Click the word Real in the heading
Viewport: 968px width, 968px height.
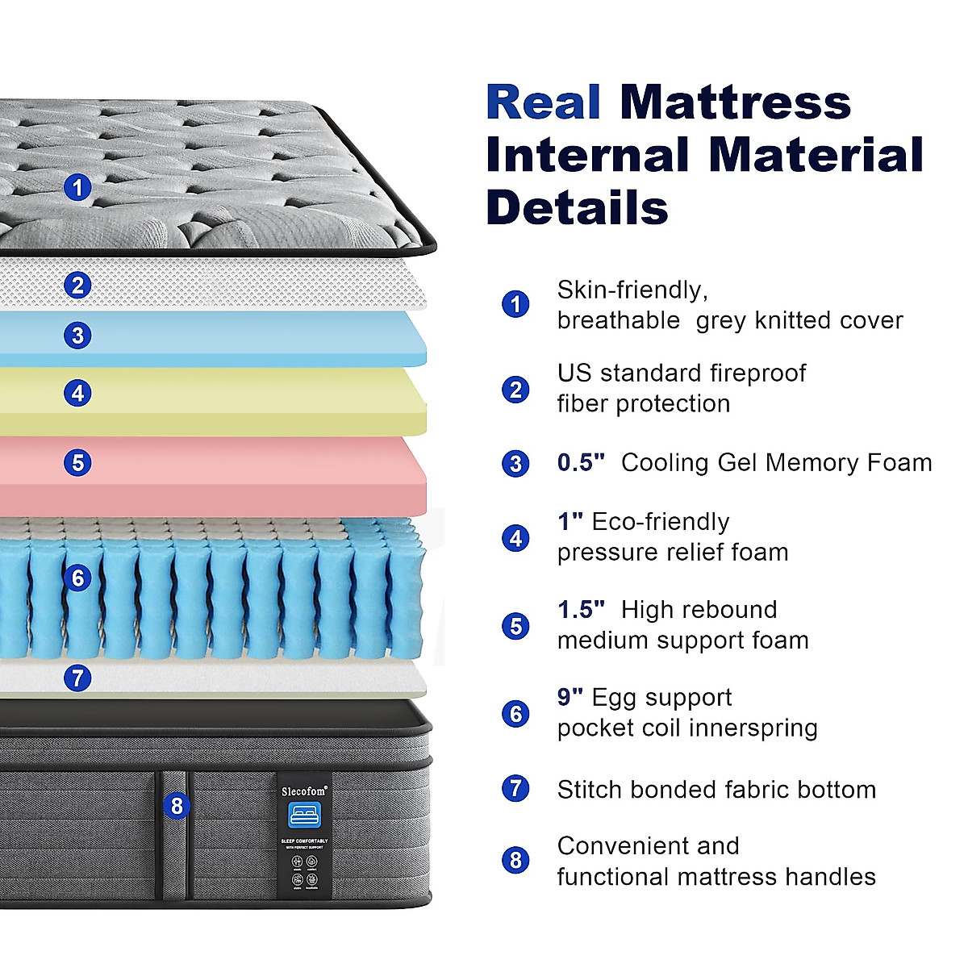click(x=543, y=103)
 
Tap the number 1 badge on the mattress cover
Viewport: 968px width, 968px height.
click(x=77, y=188)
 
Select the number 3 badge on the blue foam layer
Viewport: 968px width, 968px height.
click(x=77, y=335)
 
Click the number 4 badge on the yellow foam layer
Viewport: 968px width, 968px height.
click(x=77, y=393)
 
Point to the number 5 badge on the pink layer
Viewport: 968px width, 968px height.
click(x=77, y=462)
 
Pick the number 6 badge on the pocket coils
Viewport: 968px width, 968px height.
click(x=77, y=578)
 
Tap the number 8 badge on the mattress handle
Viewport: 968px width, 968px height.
click(x=177, y=805)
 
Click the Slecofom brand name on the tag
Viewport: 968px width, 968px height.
click(x=304, y=791)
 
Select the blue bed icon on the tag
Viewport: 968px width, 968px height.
click(x=304, y=815)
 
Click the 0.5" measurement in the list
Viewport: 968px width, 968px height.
click(x=581, y=462)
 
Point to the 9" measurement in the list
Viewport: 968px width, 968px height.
click(x=570, y=697)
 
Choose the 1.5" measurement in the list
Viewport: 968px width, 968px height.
click(x=581, y=609)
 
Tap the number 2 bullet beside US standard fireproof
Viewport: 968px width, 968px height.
click(x=515, y=390)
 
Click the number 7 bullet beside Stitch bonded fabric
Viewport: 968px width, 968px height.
click(x=515, y=788)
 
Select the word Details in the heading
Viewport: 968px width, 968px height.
click(x=577, y=207)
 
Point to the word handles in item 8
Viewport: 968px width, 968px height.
click(x=837, y=876)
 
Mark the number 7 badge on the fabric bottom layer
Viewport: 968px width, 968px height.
click(x=77, y=678)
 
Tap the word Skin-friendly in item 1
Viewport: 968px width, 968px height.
click(x=632, y=290)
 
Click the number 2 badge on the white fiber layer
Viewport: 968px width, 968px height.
click(x=77, y=285)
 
